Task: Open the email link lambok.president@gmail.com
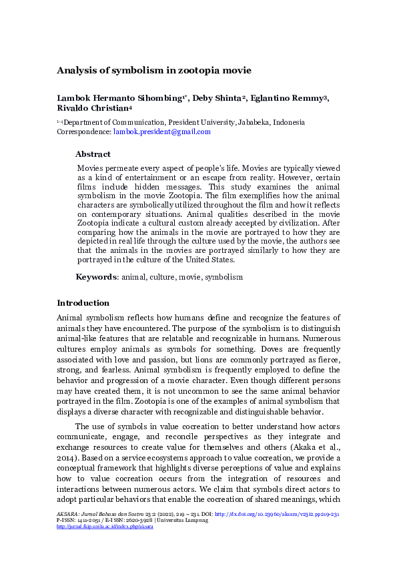162,132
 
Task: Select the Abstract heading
93,154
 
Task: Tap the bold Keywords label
96,276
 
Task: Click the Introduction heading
83,303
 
